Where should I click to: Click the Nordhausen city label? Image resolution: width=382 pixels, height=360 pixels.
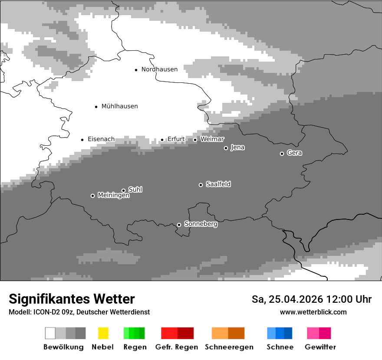(159, 69)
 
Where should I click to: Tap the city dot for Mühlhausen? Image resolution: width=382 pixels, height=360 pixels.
(96, 106)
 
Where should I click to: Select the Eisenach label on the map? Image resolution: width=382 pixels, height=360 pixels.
(101, 139)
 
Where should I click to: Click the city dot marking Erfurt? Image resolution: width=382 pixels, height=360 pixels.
(162, 140)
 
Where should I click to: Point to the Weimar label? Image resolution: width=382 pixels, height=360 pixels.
(212, 139)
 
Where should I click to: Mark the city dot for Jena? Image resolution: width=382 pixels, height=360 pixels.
(226, 148)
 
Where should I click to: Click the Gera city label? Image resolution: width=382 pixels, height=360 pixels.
(294, 153)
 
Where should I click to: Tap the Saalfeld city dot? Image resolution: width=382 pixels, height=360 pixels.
(201, 185)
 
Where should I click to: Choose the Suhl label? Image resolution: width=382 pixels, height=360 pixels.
(135, 190)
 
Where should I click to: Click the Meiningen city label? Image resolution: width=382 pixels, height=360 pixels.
(114, 196)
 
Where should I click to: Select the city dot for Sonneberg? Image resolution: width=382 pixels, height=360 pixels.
(179, 225)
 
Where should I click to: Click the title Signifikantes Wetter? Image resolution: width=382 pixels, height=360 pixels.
(72, 299)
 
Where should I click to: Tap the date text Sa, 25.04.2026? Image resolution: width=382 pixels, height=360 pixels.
(287, 299)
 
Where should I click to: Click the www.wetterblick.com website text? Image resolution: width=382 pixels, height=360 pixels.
(313, 312)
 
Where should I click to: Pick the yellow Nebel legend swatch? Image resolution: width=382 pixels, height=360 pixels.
(103, 333)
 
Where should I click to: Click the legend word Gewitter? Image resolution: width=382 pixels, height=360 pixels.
(320, 347)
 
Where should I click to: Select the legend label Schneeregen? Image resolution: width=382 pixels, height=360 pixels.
(229, 347)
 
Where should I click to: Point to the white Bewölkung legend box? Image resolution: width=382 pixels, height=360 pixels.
(50, 333)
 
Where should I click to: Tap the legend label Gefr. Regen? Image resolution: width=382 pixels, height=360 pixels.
(177, 347)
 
